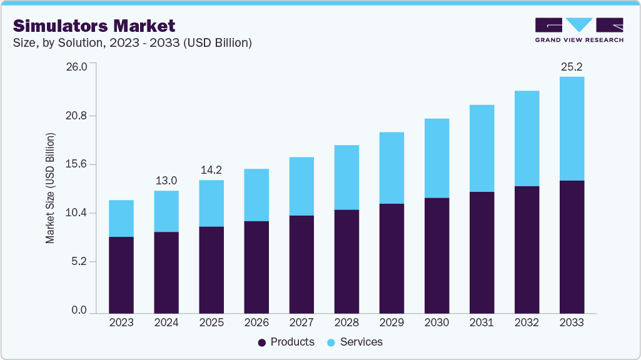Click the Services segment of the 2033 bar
(572, 128)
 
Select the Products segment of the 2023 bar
(121, 274)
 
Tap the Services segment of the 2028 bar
(346, 177)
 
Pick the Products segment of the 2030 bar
(437, 255)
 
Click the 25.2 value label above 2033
(572, 66)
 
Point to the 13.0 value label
(166, 181)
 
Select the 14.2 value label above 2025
(211, 170)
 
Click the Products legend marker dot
(262, 342)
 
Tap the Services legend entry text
(361, 342)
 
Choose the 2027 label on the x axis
(301, 322)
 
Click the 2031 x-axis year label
(482, 322)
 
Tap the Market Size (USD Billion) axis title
(50, 188)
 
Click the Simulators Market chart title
(94, 26)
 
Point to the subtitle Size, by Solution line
(132, 43)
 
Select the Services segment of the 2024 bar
(166, 211)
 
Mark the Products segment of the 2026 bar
(256, 267)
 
